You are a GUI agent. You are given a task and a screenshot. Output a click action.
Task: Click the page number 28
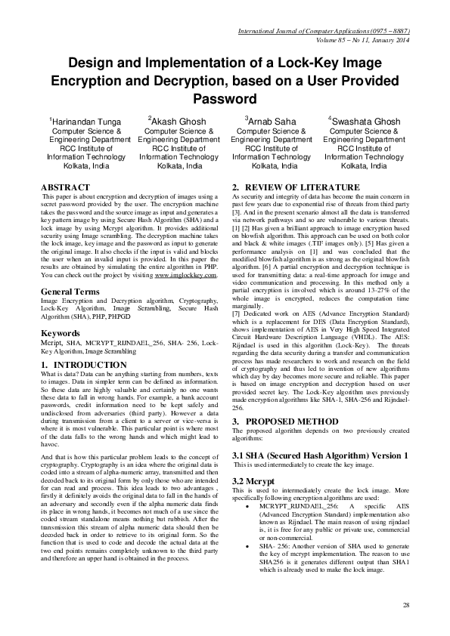(x=406, y=605)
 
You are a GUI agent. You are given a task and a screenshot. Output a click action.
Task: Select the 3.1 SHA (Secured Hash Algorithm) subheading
(x=320, y=455)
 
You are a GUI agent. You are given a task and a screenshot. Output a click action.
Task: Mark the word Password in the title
(x=225, y=99)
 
